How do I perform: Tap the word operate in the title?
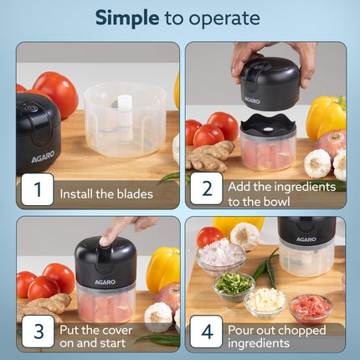coord(222,18)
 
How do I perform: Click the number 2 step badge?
coord(206,190)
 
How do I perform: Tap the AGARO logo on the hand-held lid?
coord(251,99)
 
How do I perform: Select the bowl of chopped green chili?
coord(234,285)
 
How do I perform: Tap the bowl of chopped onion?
coord(221,255)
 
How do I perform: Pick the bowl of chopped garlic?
coord(266,300)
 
